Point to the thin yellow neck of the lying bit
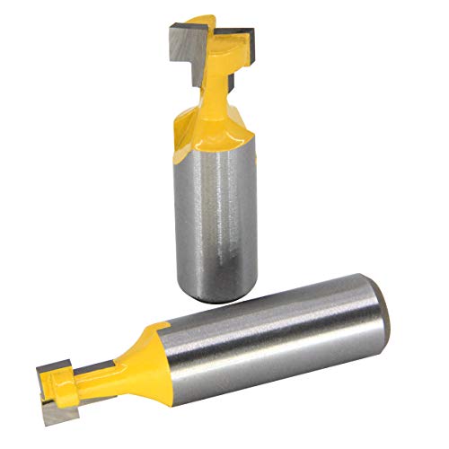(x=94, y=371)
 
